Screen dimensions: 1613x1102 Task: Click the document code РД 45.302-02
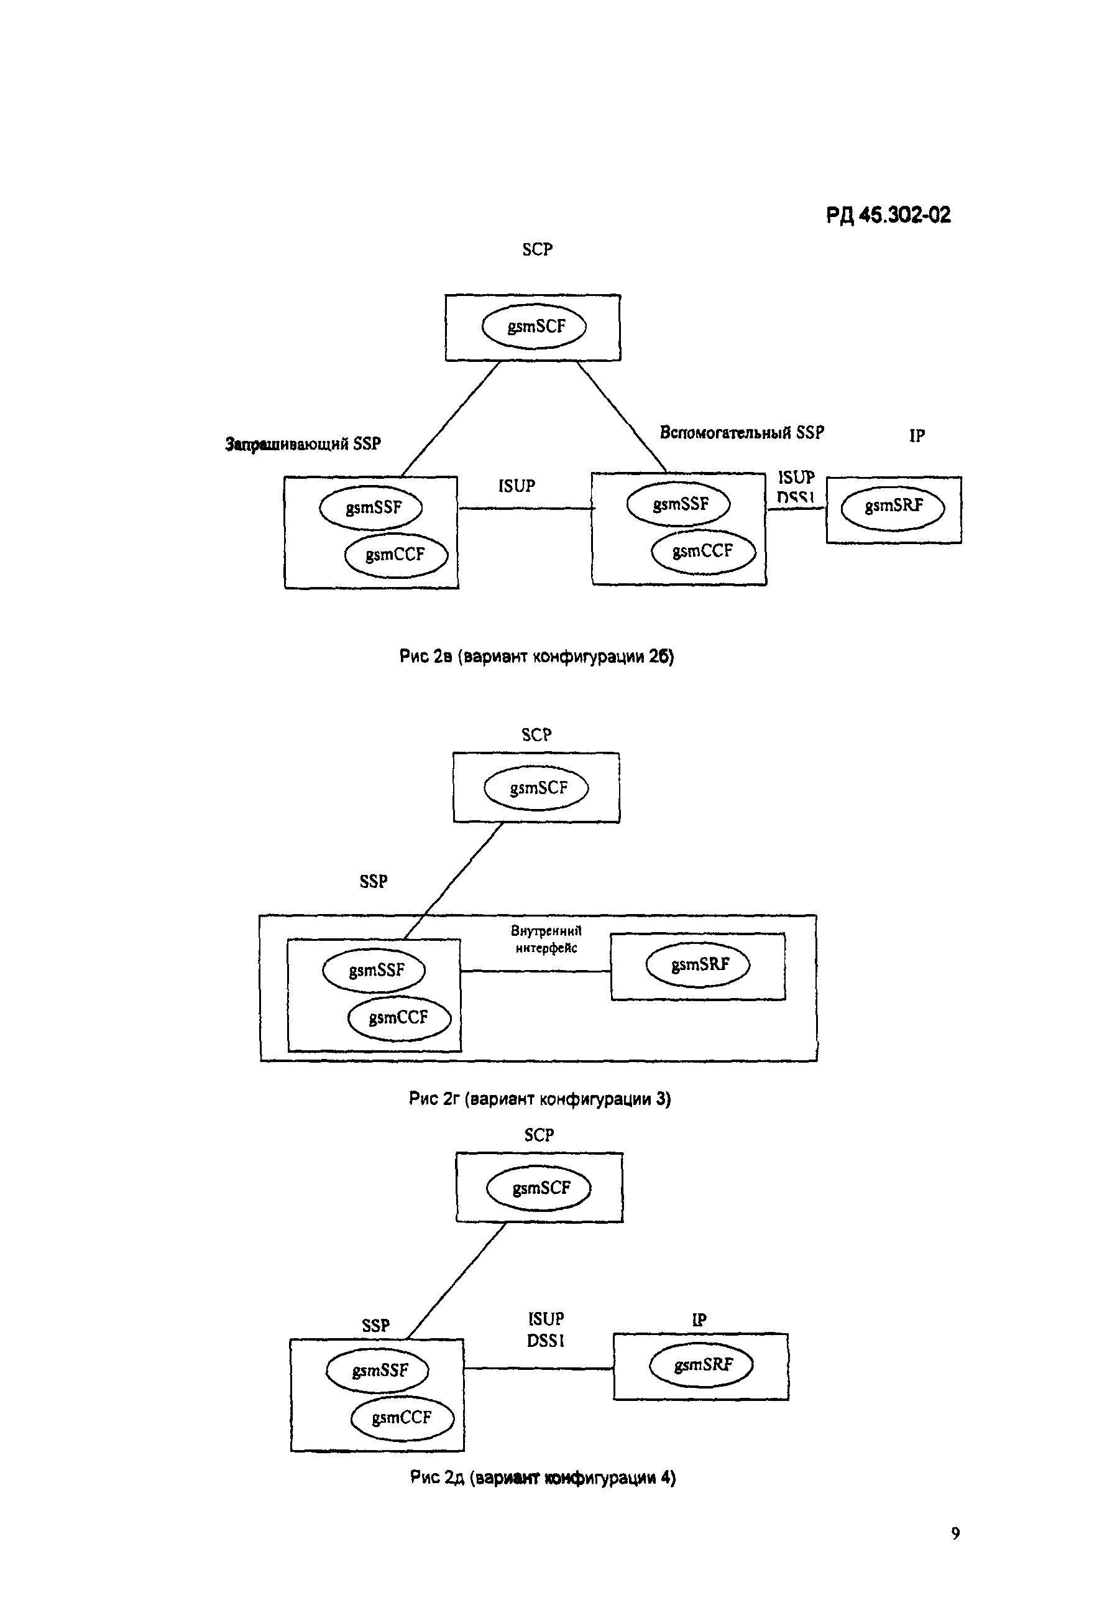(888, 215)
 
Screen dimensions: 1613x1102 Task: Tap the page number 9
(955, 1533)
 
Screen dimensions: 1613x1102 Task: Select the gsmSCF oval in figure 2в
(535, 326)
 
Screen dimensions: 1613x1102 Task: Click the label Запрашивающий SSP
(303, 443)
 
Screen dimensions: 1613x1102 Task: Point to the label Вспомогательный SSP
(741, 432)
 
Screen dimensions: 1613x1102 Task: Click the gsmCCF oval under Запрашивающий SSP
(395, 555)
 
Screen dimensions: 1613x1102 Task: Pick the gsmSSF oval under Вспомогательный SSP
(679, 504)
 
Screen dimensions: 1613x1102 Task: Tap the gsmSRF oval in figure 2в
(893, 506)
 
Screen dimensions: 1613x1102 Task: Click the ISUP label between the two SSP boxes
(517, 486)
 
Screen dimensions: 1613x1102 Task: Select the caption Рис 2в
(536, 656)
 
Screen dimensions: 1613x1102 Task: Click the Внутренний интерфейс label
(546, 939)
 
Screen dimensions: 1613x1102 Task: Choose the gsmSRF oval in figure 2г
(698, 964)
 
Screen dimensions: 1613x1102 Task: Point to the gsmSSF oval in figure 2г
(374, 969)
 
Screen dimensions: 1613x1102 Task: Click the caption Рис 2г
(540, 1098)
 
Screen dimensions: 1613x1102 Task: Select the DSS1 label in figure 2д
(546, 1340)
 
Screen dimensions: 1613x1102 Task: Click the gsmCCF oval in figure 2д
(402, 1417)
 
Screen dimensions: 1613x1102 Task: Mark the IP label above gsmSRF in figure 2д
(699, 1320)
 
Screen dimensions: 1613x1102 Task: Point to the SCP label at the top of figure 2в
(537, 249)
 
